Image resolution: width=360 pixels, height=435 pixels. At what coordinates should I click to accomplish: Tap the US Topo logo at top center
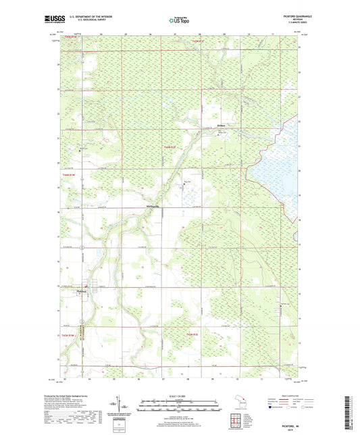coord(178,21)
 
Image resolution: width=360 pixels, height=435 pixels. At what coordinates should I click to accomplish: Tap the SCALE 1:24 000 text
coord(180,396)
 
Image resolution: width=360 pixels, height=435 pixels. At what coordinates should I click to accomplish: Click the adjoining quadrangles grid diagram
coord(236,421)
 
